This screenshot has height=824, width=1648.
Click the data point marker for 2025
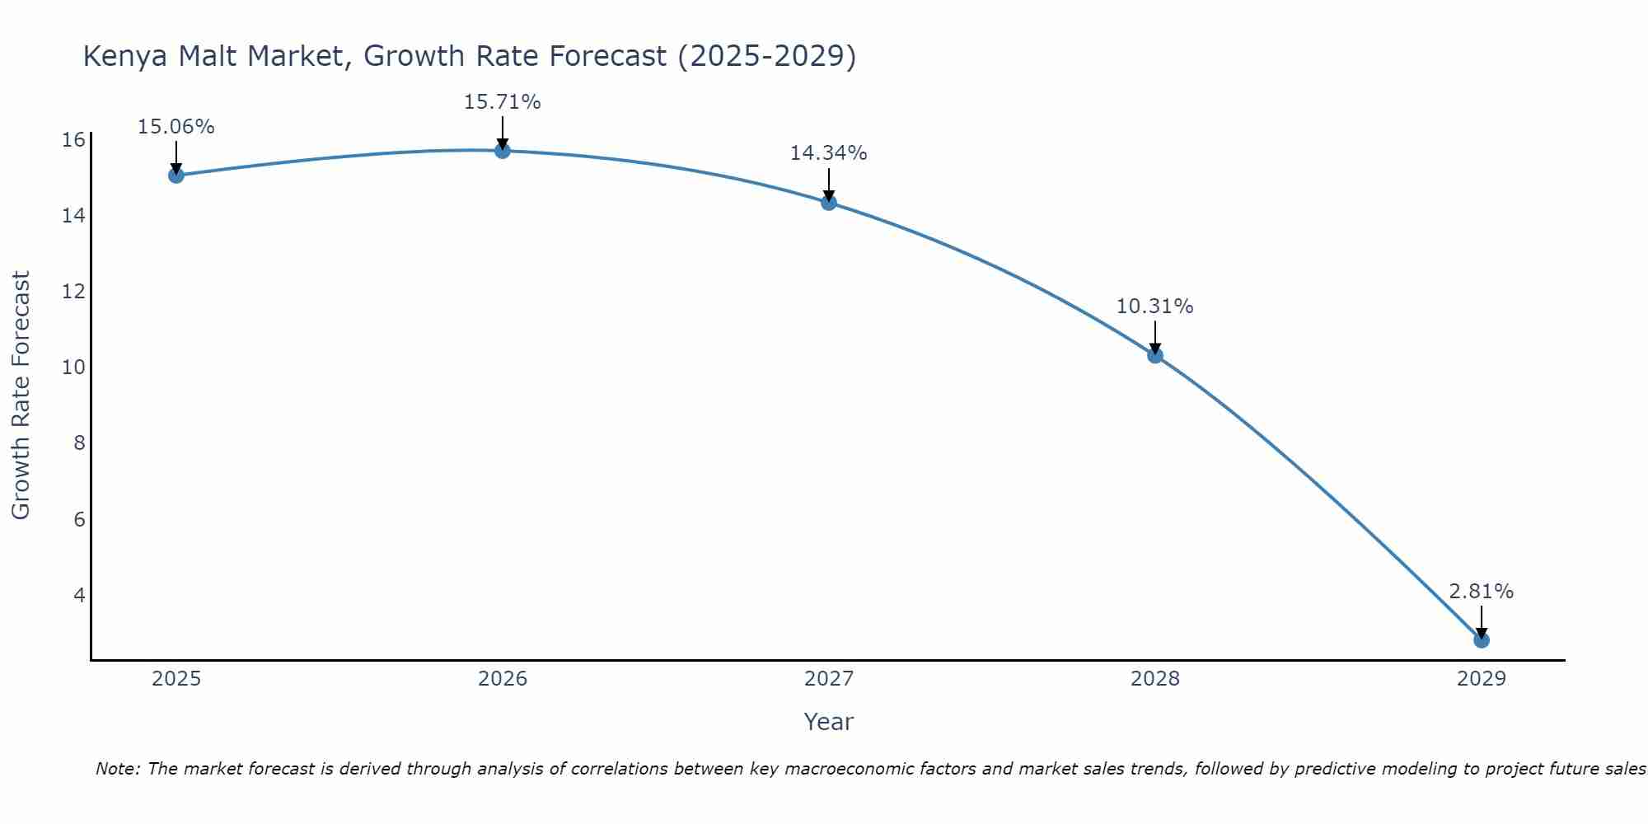point(176,175)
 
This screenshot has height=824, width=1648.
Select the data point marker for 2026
point(502,150)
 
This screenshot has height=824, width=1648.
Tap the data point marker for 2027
point(828,202)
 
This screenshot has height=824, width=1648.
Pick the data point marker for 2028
point(1154,355)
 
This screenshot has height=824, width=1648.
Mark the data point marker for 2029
point(1481,639)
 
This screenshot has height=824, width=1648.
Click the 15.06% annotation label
point(176,127)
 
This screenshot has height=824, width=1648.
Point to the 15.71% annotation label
point(502,102)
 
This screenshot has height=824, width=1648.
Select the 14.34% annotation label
point(828,153)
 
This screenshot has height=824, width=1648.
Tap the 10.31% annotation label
point(1154,307)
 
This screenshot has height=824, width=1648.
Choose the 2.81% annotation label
point(1481,592)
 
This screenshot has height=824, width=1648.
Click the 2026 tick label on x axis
point(502,679)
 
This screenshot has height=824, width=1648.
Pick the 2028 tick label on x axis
point(1154,679)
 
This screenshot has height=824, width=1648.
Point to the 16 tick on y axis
point(73,140)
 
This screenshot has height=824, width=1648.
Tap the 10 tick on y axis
point(73,368)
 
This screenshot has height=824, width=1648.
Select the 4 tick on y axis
point(79,595)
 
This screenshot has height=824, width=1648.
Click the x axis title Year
point(828,722)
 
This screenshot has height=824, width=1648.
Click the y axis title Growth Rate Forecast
point(21,396)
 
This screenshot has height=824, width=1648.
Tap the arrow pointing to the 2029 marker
point(1481,621)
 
